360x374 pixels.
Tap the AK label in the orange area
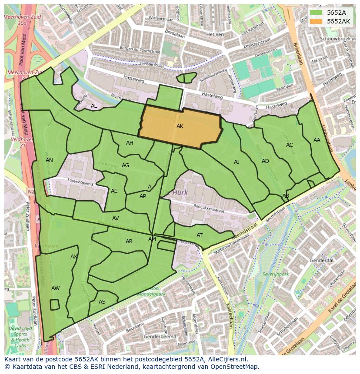click(x=180, y=126)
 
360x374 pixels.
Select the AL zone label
click(x=94, y=106)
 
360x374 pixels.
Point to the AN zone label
click(x=49, y=160)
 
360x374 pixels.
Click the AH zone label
click(x=130, y=143)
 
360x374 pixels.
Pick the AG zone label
click(x=125, y=165)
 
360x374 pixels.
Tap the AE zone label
click(x=114, y=191)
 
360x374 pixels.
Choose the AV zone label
click(x=115, y=218)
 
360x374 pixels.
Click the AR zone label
click(x=129, y=242)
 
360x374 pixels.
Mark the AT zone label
click(x=200, y=235)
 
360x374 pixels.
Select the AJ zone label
click(x=237, y=162)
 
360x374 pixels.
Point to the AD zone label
click(x=265, y=161)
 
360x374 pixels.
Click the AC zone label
click(x=290, y=145)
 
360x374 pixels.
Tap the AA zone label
click(x=317, y=140)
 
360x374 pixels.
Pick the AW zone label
click(x=55, y=288)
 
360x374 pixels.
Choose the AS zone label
click(x=102, y=302)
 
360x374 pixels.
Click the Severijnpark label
click(x=276, y=275)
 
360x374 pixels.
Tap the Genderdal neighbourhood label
click(x=321, y=260)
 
